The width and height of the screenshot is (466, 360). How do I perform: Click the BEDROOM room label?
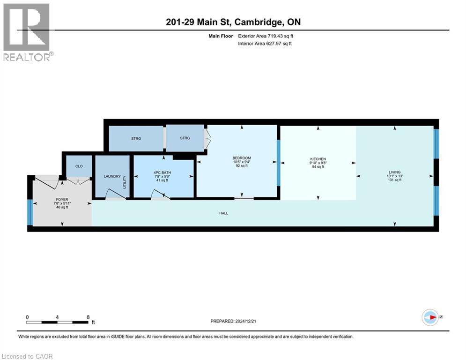coord(242,158)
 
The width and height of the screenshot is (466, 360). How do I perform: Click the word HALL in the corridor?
coord(223,213)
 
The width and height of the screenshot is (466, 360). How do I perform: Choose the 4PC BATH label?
coord(163,172)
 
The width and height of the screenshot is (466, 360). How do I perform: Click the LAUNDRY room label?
coord(112,177)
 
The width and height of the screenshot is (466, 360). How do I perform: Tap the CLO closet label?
coord(78,166)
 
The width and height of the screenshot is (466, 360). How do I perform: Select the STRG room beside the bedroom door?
coord(185,138)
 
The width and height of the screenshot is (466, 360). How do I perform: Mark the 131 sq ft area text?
coord(395,180)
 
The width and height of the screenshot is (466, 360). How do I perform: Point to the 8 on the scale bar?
coord(88,317)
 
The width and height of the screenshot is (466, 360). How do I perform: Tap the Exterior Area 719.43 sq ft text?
coord(266,36)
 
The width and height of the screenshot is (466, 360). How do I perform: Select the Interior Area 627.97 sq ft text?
coord(266,44)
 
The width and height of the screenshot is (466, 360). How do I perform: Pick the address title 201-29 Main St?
coord(233,22)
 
